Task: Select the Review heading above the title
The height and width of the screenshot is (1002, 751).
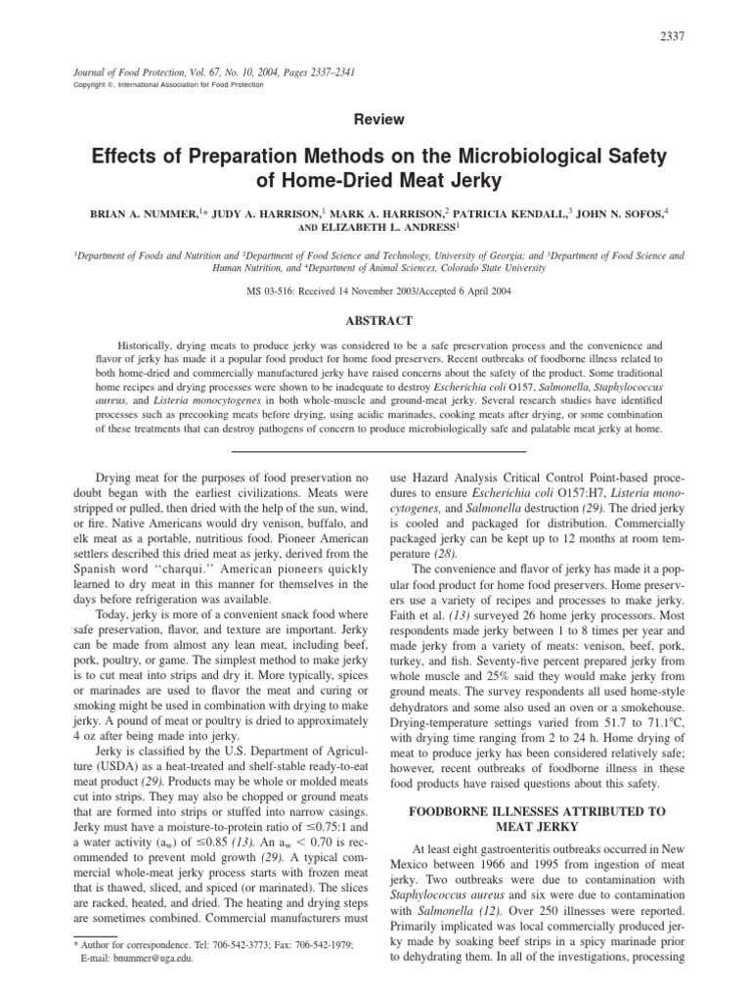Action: click(380, 118)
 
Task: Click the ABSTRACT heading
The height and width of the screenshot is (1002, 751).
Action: click(380, 320)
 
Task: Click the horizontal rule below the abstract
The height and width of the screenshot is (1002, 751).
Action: click(380, 450)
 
